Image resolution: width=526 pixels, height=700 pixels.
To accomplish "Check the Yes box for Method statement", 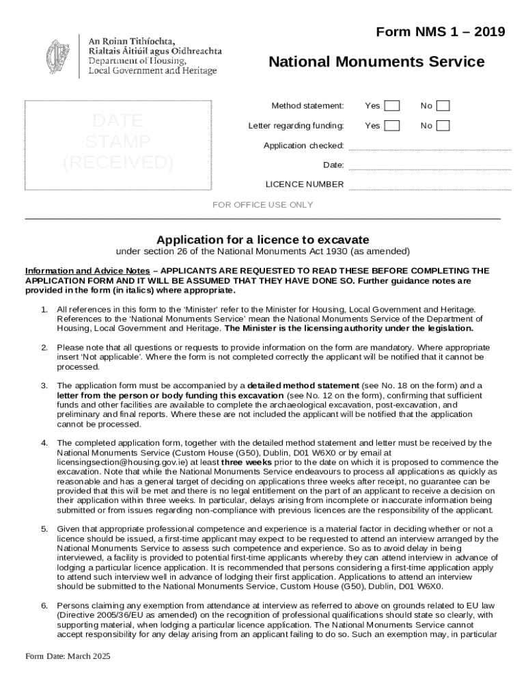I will tap(391, 105).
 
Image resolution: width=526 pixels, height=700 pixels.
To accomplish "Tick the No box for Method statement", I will tap(443, 105).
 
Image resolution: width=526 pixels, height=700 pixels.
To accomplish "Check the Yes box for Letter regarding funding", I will tap(391, 126).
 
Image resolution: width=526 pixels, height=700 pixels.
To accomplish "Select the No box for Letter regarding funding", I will tap(443, 126).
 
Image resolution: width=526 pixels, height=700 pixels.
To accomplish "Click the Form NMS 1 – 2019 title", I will tap(441, 32).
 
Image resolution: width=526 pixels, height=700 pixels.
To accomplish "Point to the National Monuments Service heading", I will tap(376, 62).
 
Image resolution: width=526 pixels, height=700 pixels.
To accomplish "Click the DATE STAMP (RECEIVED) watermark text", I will tap(118, 142).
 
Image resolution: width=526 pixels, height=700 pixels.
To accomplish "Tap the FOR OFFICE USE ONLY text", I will tap(263, 205).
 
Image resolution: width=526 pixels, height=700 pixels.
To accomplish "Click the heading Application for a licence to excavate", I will tap(263, 240).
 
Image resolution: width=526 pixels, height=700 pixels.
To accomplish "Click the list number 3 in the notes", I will tap(44, 386).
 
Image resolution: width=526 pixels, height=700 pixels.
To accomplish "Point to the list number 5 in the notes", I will tap(44, 529).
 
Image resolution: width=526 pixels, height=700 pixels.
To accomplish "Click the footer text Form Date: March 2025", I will tap(68, 656).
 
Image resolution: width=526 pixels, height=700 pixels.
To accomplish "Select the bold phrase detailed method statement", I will tap(303, 386).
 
